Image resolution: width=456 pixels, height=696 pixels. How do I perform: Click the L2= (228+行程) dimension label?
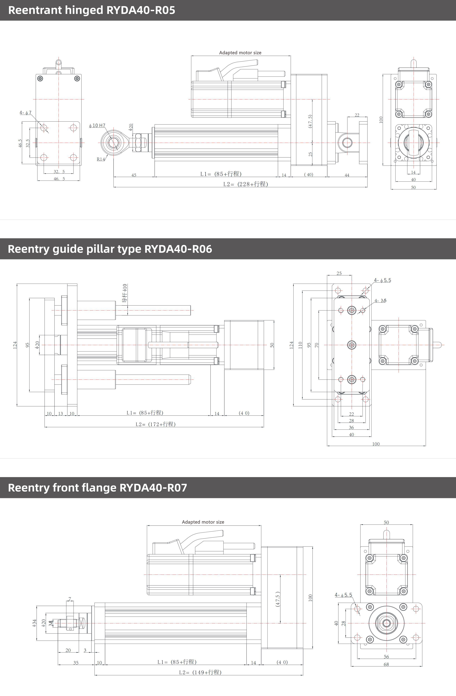coord(246,184)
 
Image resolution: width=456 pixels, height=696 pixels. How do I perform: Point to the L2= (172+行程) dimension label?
coord(155,424)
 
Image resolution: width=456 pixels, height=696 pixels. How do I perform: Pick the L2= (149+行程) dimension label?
coord(200,672)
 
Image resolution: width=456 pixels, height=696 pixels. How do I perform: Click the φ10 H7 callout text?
coord(97,125)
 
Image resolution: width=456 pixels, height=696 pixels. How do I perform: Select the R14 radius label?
coord(100,159)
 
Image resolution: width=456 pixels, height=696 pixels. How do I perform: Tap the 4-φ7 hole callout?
coord(25,113)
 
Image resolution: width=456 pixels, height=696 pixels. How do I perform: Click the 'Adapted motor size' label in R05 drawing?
coord(240,53)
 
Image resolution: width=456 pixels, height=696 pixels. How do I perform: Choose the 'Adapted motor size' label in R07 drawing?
coord(203,522)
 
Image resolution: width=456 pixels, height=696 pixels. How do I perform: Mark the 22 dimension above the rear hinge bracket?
coord(357,115)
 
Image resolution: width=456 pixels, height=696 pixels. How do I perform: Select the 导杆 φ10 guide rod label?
coord(125,293)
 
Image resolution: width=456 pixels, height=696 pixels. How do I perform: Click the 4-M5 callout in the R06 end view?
coord(380,301)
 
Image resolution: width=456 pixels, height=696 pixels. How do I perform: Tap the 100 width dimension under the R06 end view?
coord(376,444)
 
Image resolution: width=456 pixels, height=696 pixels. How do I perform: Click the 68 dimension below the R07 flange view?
coord(386,664)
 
